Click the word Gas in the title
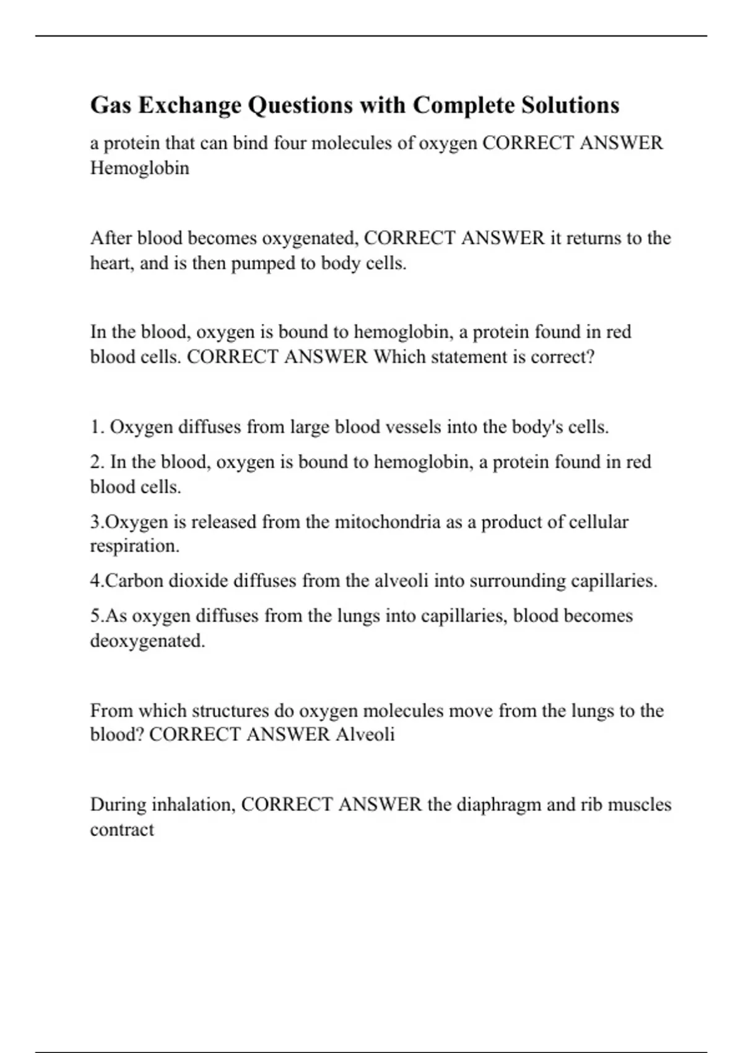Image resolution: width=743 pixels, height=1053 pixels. [111, 105]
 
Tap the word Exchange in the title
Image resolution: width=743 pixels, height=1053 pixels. [189, 105]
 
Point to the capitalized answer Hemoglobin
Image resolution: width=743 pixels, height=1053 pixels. [140, 168]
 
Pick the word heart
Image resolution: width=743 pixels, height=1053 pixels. [111, 263]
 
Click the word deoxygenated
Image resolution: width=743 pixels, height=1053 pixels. [147, 640]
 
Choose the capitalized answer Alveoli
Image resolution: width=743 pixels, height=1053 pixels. [365, 735]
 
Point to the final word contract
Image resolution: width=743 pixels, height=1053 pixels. [122, 829]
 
